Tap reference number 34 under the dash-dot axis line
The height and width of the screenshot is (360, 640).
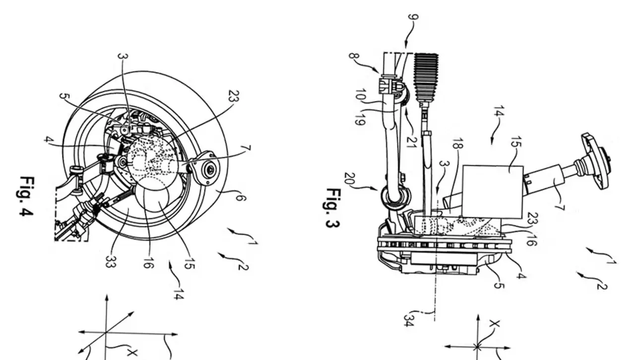pos(409,320)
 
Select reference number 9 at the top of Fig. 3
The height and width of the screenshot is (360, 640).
pos(413,17)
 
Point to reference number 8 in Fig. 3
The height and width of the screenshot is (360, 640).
pos(354,56)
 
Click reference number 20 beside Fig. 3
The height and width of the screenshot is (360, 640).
pos(350,179)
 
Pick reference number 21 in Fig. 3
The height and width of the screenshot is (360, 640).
pos(412,140)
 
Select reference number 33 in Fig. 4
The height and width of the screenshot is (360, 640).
pos(110,261)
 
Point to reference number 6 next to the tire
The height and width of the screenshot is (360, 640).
pos(240,197)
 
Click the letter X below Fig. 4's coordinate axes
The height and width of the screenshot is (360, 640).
pos(131,353)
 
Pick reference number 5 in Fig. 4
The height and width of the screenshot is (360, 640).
pos(64,97)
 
